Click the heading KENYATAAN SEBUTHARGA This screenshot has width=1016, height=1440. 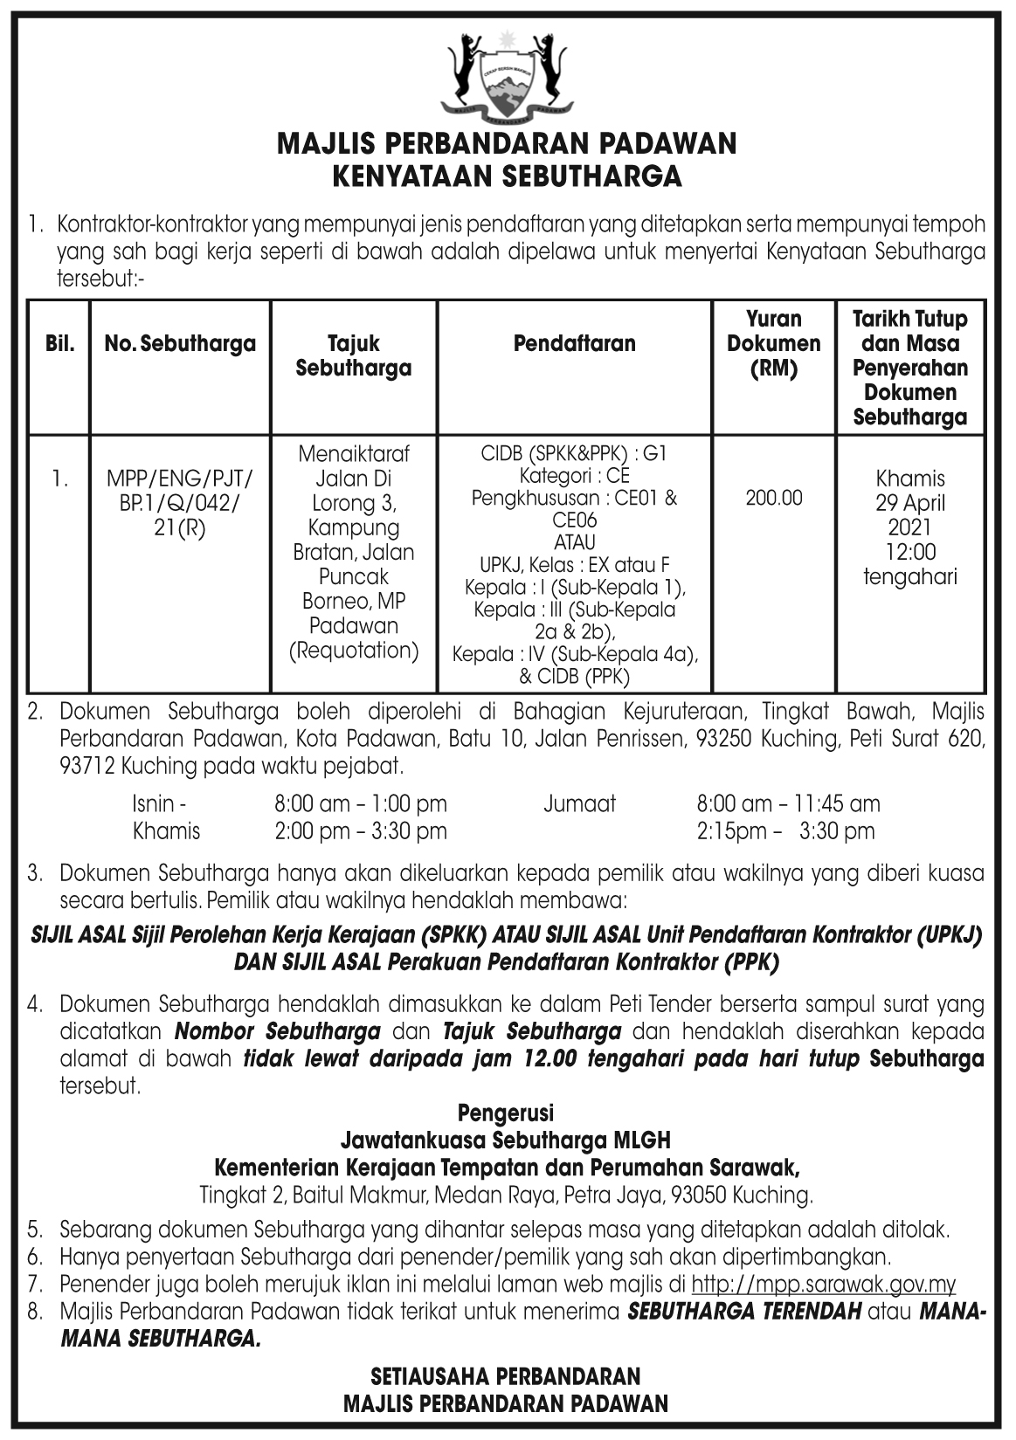[x=507, y=176]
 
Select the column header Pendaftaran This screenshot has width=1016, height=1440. [x=574, y=343]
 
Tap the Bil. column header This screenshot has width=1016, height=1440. [x=59, y=343]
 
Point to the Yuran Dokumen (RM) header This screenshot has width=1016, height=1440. [x=773, y=343]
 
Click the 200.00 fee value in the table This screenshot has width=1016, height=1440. [x=773, y=498]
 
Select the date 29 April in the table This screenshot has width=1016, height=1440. [x=909, y=503]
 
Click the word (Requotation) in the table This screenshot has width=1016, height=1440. [x=354, y=651]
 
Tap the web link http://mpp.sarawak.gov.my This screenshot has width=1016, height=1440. [x=823, y=1285]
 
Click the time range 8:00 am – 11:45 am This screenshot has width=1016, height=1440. [x=788, y=803]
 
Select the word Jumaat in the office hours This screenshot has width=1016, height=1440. [x=579, y=803]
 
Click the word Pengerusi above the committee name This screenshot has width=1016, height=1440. [x=506, y=1113]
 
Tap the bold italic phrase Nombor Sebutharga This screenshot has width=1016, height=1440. [x=278, y=1031]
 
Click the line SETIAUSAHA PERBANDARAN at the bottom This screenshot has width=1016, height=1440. [x=506, y=1377]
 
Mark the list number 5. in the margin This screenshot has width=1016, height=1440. [x=35, y=1230]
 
